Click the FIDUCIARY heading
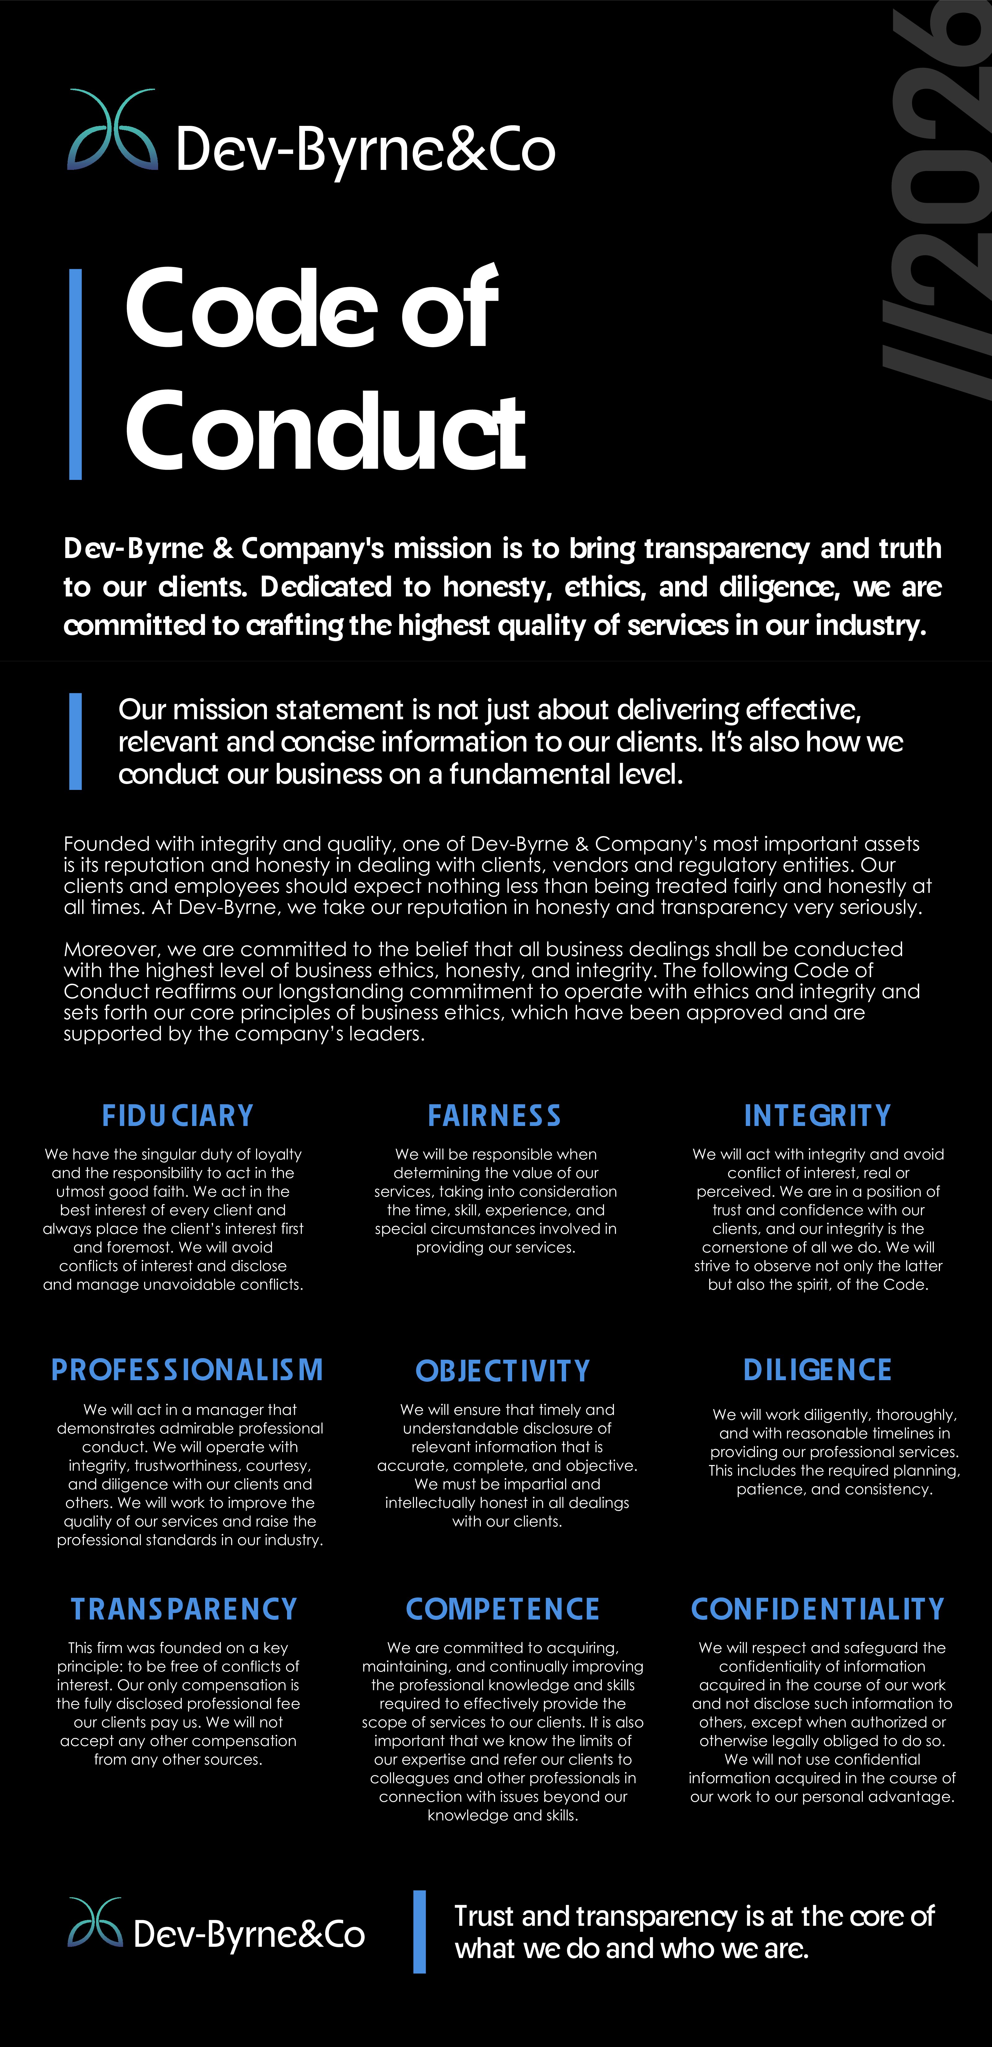[177, 1116]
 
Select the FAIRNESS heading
[494, 1116]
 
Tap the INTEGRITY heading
[817, 1116]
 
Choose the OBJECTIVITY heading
[503, 1371]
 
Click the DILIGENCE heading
[817, 1370]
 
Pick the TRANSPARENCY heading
[184, 1609]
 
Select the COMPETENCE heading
[503, 1609]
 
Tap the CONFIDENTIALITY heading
[817, 1609]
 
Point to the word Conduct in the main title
[326, 432]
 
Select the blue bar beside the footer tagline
[420, 1932]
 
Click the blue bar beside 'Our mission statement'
[76, 742]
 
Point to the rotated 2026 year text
[938, 199]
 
